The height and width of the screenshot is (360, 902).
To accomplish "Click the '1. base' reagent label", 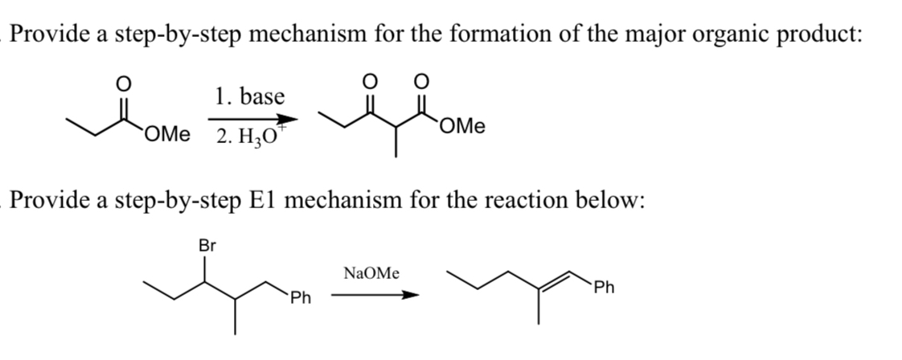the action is click(x=249, y=96).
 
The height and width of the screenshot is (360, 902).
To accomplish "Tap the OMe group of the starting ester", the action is click(x=166, y=132).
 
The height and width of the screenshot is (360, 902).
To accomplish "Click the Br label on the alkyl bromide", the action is click(x=206, y=246).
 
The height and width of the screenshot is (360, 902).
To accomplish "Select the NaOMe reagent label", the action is click(x=371, y=273).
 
